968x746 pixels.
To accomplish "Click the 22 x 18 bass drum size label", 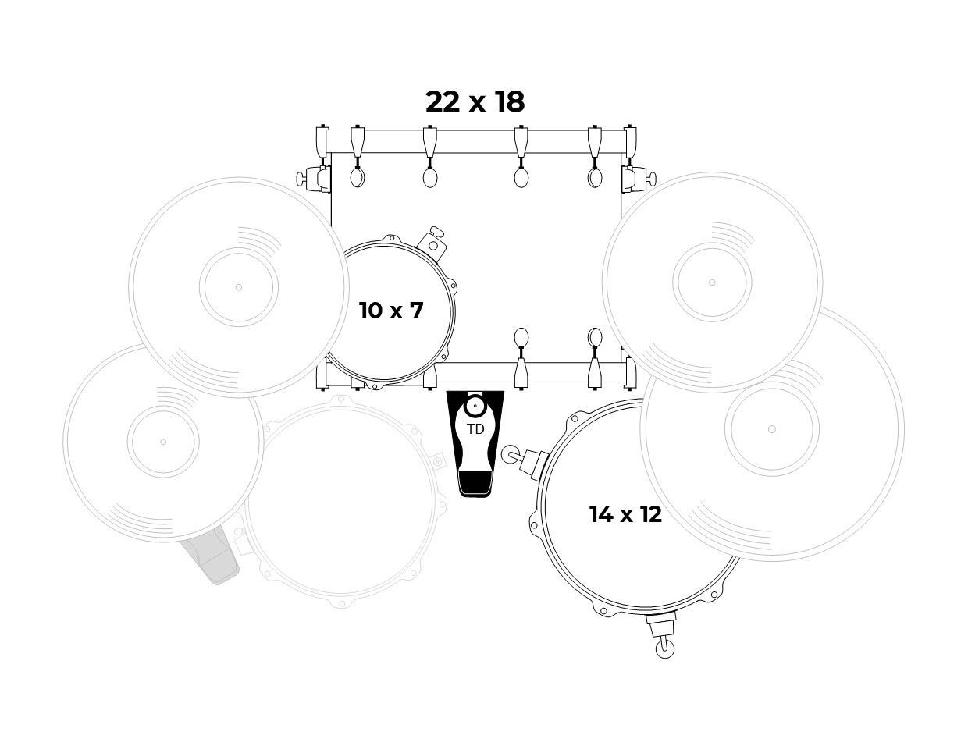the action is coord(475,102).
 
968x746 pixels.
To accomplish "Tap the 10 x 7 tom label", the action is coord(390,311).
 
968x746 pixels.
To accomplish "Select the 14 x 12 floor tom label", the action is coord(625,514).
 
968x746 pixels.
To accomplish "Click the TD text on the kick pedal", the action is coord(475,429).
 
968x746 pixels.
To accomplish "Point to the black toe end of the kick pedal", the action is coord(475,485).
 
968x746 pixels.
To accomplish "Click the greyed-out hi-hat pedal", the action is coord(210,555).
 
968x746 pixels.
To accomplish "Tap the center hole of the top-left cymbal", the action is coord(239,287).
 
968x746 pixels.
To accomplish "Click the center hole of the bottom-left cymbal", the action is coord(163,442).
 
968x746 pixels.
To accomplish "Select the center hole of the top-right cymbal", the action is coord(712,282).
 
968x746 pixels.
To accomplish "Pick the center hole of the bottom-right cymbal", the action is coord(772,429).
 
